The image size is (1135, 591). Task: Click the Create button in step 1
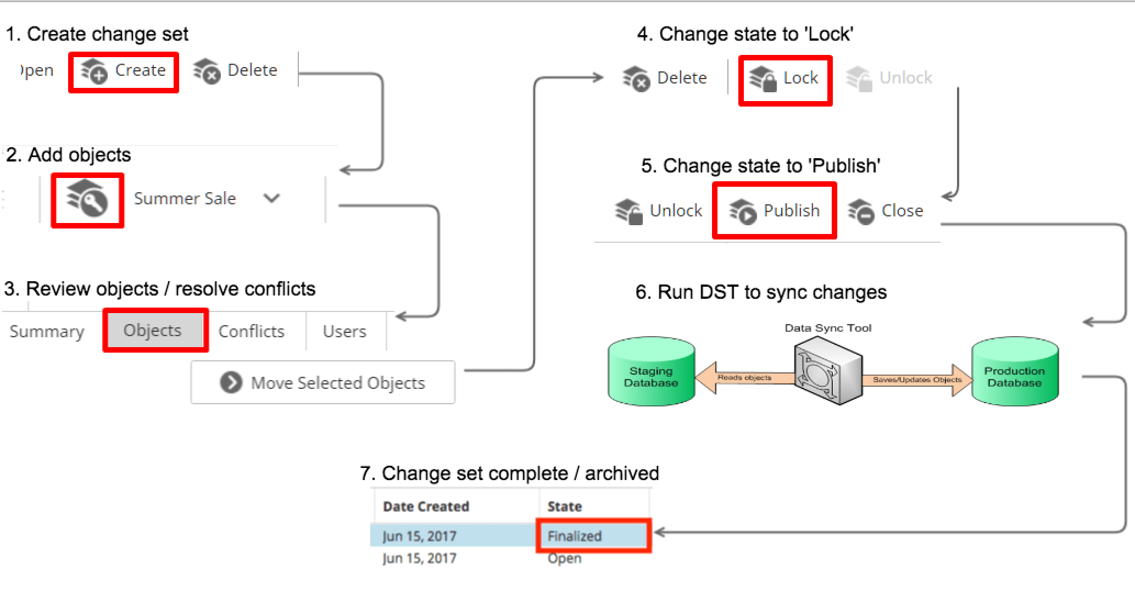coord(123,71)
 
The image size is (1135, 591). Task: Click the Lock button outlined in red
coord(785,79)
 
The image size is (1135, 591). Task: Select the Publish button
coord(774,211)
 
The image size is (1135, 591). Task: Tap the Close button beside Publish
coord(885,211)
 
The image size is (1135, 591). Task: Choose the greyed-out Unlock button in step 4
coord(889,79)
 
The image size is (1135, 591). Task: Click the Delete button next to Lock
coord(664,79)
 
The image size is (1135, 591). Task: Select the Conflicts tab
coord(252,331)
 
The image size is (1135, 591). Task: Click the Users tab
coord(345,331)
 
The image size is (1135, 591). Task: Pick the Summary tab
coord(47,331)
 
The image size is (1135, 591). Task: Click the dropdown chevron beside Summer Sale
coord(271,198)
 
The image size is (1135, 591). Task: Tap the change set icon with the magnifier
coord(87,199)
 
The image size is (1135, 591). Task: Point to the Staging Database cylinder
coord(652,372)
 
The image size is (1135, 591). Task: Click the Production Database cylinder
coord(1015,372)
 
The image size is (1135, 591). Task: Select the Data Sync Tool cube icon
coord(828,370)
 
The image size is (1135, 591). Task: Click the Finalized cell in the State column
coord(593,536)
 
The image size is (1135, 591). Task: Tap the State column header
coord(565,506)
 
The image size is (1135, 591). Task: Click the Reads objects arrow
coord(745,378)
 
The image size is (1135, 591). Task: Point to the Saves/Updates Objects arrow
coord(917,380)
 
